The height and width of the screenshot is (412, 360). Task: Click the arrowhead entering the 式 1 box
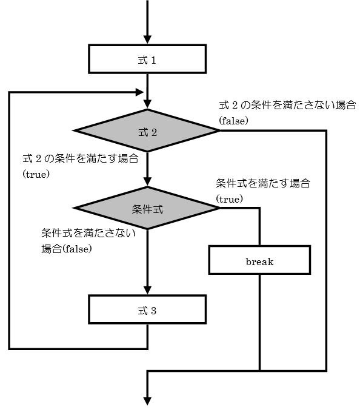pyautogui.click(x=147, y=39)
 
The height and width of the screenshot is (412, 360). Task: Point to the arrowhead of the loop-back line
pyautogui.click(x=139, y=92)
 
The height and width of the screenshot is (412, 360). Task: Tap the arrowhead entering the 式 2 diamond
pyautogui.click(x=147, y=104)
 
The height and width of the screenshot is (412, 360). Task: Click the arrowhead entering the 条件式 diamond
pyautogui.click(x=147, y=182)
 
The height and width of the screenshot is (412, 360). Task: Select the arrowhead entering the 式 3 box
pyautogui.click(x=147, y=290)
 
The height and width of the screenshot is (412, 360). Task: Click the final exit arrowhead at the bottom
pyautogui.click(x=147, y=401)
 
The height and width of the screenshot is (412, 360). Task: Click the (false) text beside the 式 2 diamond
pyautogui.click(x=233, y=121)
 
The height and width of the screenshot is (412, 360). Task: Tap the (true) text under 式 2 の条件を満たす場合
pyautogui.click(x=36, y=174)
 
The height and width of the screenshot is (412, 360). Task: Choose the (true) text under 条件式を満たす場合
pyautogui.click(x=229, y=199)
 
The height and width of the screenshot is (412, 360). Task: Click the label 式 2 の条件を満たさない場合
pyautogui.click(x=287, y=105)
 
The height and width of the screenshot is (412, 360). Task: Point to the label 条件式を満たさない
pyautogui.click(x=88, y=233)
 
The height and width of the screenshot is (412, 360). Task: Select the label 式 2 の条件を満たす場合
pyautogui.click(x=81, y=159)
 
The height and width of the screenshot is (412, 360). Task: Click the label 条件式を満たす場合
pyautogui.click(x=263, y=183)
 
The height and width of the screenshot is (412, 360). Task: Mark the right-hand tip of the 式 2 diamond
pyautogui.click(x=220, y=130)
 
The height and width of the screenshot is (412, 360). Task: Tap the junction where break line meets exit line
pyautogui.click(x=260, y=371)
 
